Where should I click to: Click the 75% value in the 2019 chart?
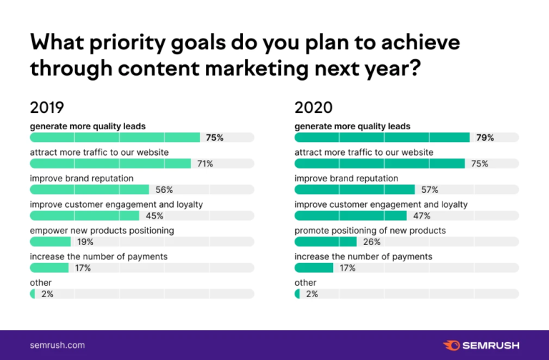point(214,137)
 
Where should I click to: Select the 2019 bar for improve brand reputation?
point(89,189)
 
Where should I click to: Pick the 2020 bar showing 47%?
point(350,216)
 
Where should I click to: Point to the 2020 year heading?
point(314,108)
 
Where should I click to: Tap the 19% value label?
point(84,242)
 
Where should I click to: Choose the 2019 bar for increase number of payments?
point(49,268)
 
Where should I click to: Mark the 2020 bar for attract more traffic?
point(380,164)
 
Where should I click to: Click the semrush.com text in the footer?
point(57,345)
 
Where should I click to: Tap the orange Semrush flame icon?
point(452,345)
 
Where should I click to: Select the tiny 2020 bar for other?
point(297,294)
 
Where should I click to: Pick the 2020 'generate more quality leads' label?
point(352,126)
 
